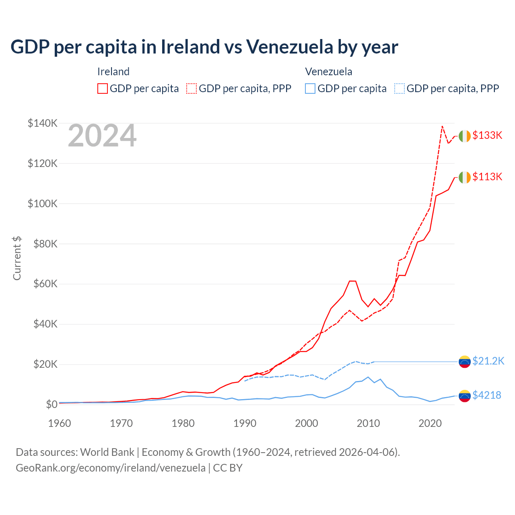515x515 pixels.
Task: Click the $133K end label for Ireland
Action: pos(487,136)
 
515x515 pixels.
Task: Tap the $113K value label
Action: pos(487,177)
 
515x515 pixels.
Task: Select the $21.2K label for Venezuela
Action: pos(488,361)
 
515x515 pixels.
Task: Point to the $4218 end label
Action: pos(487,396)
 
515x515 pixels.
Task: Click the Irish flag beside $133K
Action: pos(465,136)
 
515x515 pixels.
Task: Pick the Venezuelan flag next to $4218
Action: pos(465,396)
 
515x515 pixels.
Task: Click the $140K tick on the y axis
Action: pos(42,123)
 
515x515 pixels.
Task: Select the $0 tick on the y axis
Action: pos(51,404)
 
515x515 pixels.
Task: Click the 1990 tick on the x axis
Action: pos(245,423)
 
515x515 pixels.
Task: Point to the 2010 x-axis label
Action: pos(368,423)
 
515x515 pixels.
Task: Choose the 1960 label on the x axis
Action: pos(60,423)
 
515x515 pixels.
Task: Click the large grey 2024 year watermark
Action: pos(102,136)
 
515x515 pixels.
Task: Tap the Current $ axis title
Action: pos(17,258)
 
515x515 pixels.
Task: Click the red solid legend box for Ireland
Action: pos(103,89)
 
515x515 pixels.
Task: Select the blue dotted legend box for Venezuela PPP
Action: pos(400,89)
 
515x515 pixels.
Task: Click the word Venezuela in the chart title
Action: pos(290,47)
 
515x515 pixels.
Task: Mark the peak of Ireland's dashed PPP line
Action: pos(442,126)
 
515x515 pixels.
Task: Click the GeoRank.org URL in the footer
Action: pos(111,468)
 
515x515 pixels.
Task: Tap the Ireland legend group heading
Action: pos(113,72)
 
